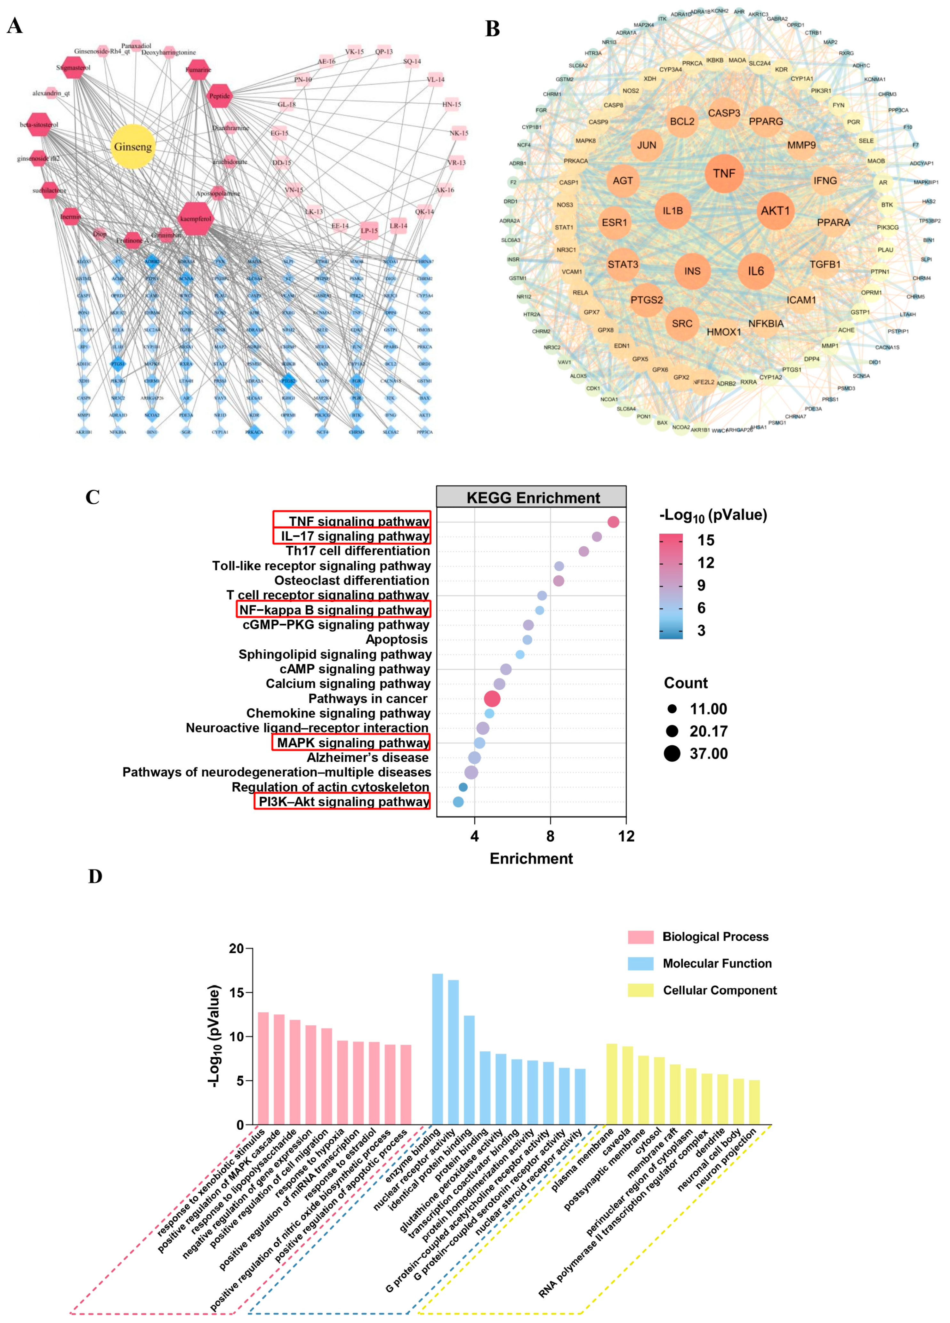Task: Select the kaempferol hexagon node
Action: point(196,219)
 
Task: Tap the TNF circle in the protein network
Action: point(724,173)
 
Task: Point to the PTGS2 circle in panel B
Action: point(647,300)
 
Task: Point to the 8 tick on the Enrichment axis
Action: point(550,836)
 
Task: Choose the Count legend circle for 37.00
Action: point(672,754)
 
